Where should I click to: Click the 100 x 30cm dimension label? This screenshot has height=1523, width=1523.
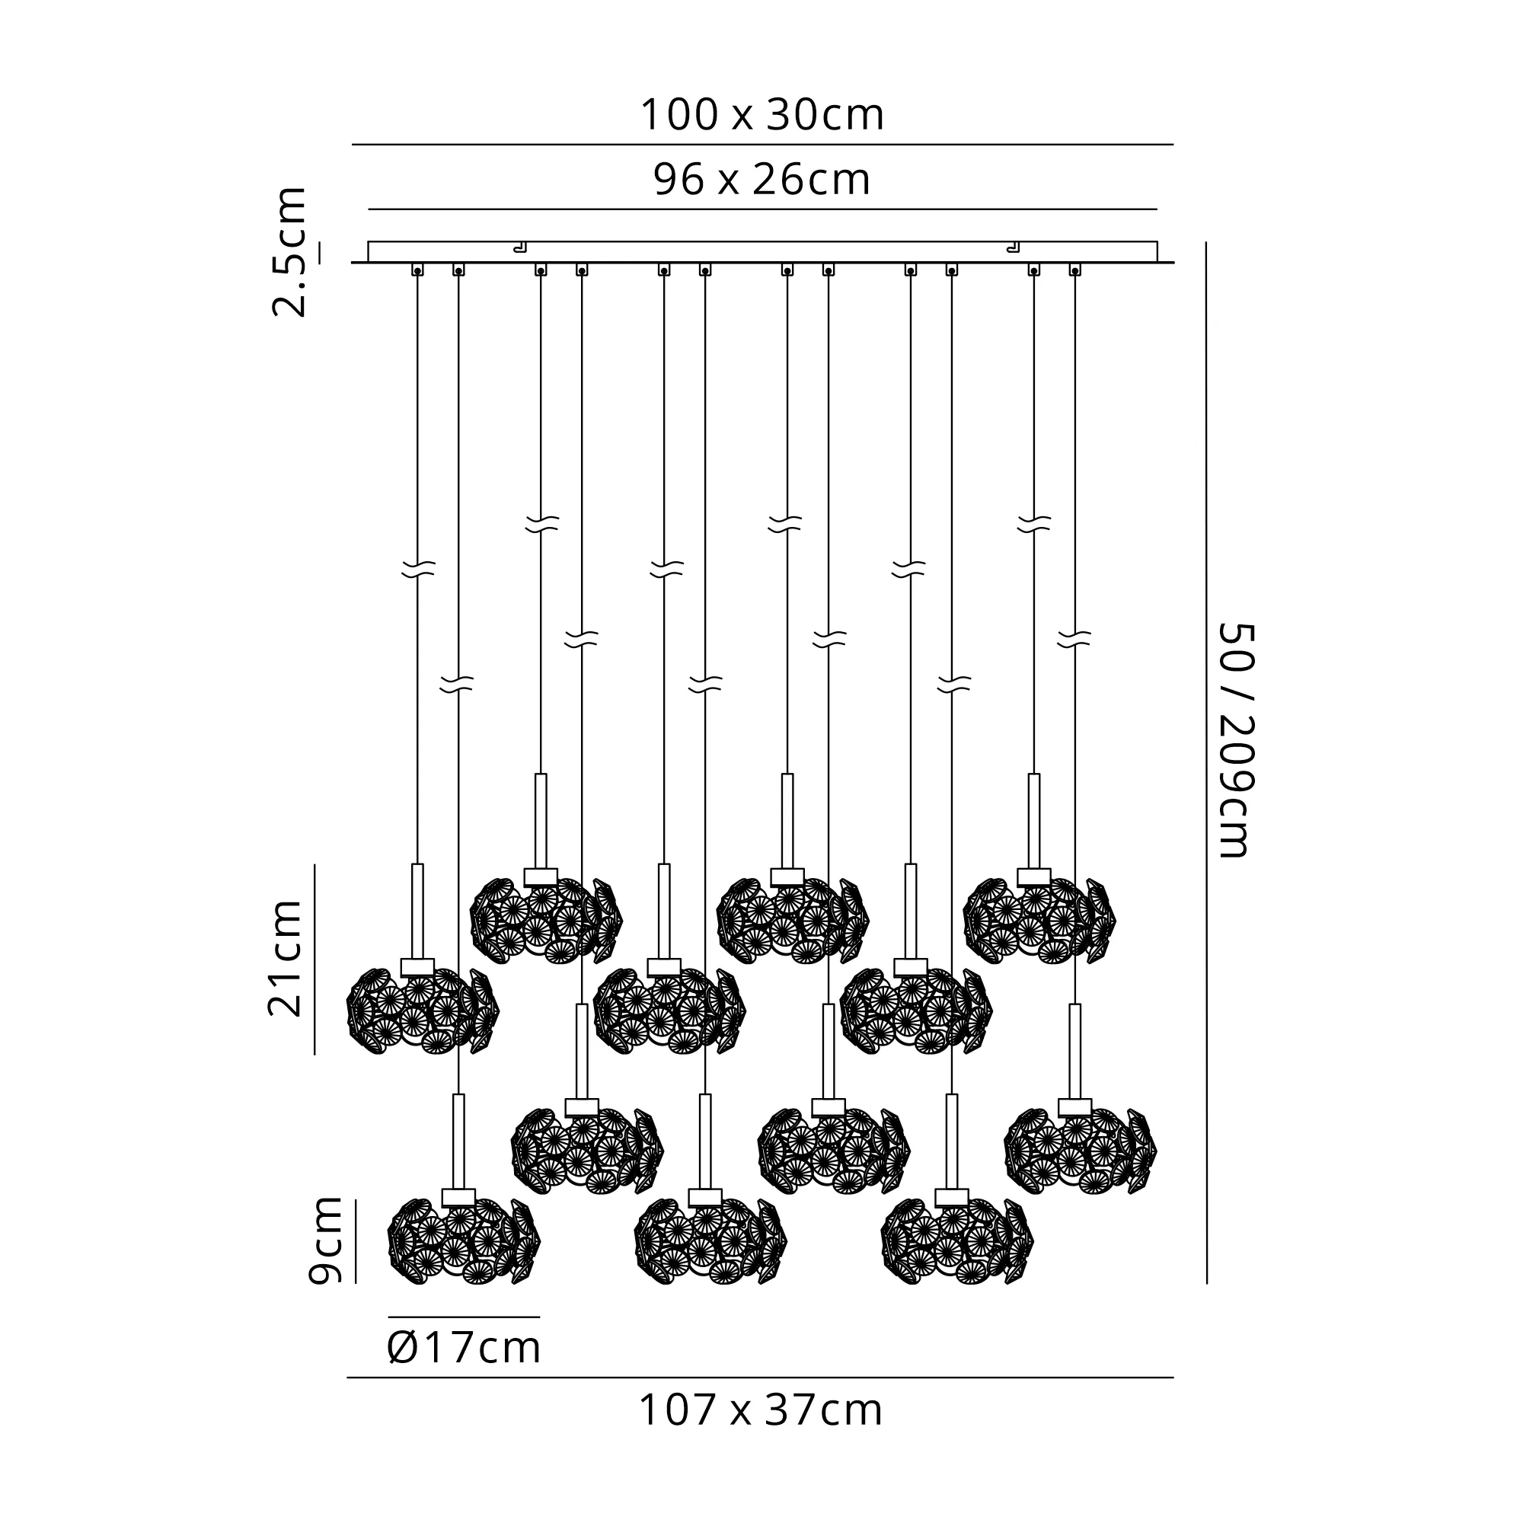(x=762, y=115)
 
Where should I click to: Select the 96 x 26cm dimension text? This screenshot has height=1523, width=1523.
(x=762, y=180)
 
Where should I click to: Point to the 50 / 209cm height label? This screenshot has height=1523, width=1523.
(x=1234, y=739)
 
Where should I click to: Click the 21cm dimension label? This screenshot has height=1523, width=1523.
(x=286, y=957)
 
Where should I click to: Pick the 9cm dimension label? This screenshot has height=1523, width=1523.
(x=325, y=1240)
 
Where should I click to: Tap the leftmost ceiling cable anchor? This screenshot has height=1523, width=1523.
(x=417, y=270)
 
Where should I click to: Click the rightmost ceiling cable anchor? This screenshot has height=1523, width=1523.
(x=1074, y=270)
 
